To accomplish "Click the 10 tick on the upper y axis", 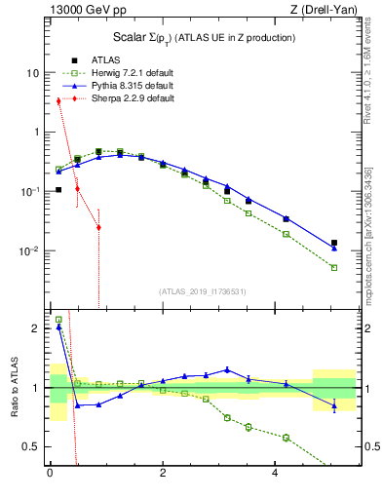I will (32, 73).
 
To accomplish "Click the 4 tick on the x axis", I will (276, 476).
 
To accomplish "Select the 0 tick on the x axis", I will (50, 476).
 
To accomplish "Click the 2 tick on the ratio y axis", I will (34, 328).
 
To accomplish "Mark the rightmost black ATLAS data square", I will (334, 243).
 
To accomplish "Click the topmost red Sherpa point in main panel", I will (58, 100).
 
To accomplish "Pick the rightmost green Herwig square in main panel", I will (334, 267).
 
